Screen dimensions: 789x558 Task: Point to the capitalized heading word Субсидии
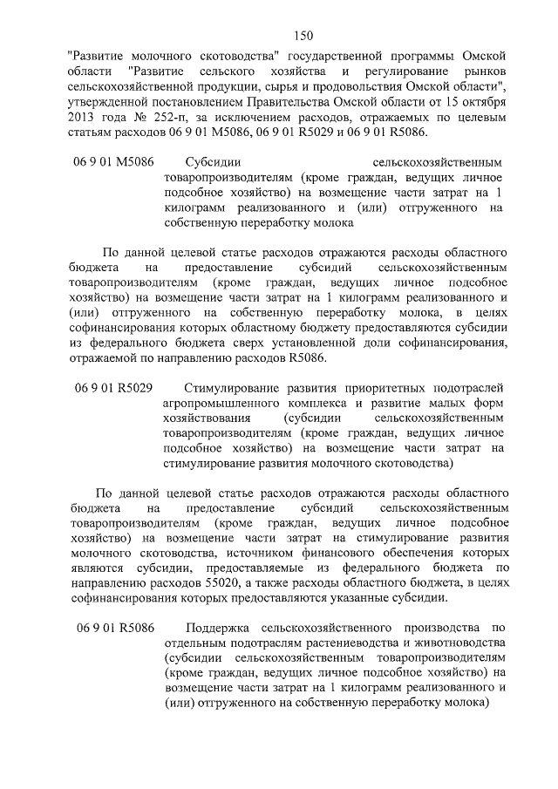tap(213, 161)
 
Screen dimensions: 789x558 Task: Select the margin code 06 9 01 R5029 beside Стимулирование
tap(114, 389)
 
